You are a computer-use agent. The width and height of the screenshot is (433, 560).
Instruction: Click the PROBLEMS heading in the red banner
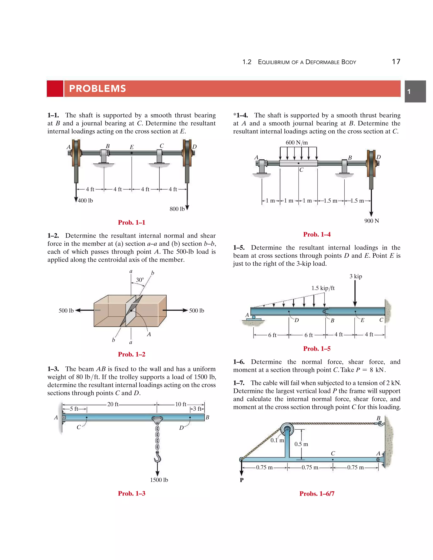point(97,89)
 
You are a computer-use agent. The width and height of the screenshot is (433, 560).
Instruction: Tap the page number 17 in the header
point(396,62)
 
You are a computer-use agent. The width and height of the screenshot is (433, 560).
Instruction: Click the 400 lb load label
point(85,201)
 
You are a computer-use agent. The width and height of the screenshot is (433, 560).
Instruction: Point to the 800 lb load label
point(177,209)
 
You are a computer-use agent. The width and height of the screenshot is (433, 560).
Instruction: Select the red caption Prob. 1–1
point(131,222)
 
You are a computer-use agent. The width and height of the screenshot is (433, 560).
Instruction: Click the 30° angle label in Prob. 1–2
point(140,280)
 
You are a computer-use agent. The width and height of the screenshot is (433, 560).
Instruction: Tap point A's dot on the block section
point(131,310)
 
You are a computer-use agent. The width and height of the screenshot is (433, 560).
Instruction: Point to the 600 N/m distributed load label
point(297,143)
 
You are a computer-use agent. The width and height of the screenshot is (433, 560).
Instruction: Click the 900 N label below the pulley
point(371,221)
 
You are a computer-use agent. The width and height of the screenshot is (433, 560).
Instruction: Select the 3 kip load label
point(356,276)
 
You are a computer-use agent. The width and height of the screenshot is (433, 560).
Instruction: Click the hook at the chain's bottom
point(157,458)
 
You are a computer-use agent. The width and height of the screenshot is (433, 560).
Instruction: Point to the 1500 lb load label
point(159,480)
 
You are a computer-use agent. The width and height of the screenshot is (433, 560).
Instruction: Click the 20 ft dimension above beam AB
point(113,404)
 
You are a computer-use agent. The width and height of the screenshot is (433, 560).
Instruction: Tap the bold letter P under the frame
point(241,480)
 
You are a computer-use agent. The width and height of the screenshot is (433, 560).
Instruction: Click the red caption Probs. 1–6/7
point(317,494)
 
